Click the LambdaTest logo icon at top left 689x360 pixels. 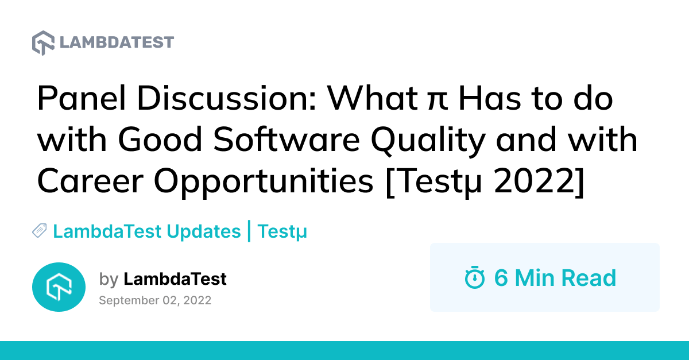[43, 43]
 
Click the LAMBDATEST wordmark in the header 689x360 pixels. [117, 43]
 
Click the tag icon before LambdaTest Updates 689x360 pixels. [40, 231]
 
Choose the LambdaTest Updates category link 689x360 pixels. [146, 231]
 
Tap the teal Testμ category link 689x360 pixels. [282, 232]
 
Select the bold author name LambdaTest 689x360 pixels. [175, 280]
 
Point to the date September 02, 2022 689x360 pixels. [155, 300]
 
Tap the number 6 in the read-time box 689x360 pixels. [501, 278]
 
